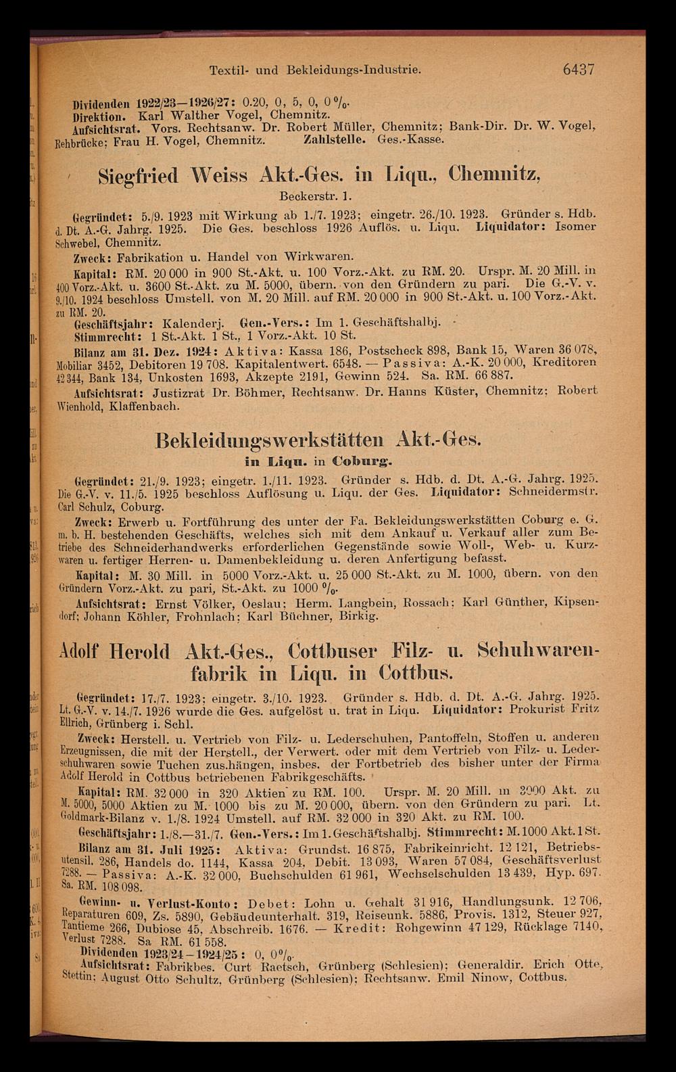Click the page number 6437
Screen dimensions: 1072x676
(572, 69)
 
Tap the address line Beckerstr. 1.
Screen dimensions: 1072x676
(311, 197)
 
